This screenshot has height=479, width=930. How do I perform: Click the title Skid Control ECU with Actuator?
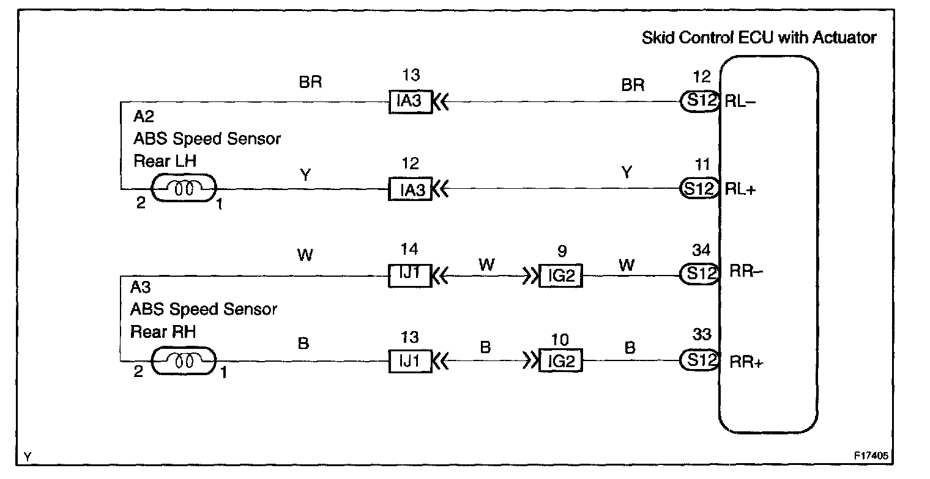(759, 38)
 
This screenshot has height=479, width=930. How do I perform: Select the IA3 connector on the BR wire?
(411, 101)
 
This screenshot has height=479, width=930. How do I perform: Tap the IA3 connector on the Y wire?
(411, 189)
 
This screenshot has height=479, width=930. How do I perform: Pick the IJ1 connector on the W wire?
(411, 276)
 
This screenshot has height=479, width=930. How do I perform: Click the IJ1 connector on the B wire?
(411, 362)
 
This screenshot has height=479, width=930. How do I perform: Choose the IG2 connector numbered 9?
(560, 276)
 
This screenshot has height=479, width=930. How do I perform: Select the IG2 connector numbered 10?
(560, 362)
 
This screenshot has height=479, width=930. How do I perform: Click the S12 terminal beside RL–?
(699, 101)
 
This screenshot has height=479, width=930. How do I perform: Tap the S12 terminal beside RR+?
(699, 361)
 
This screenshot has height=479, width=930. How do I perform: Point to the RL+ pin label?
(740, 189)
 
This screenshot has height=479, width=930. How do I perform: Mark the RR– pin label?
(745, 273)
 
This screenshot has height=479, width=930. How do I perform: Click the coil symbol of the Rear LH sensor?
(184, 189)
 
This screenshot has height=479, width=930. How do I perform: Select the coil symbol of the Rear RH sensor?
(184, 361)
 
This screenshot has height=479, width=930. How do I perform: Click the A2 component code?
(143, 118)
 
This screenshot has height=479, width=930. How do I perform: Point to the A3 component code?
(140, 288)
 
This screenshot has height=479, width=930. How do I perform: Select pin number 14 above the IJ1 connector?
(411, 249)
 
